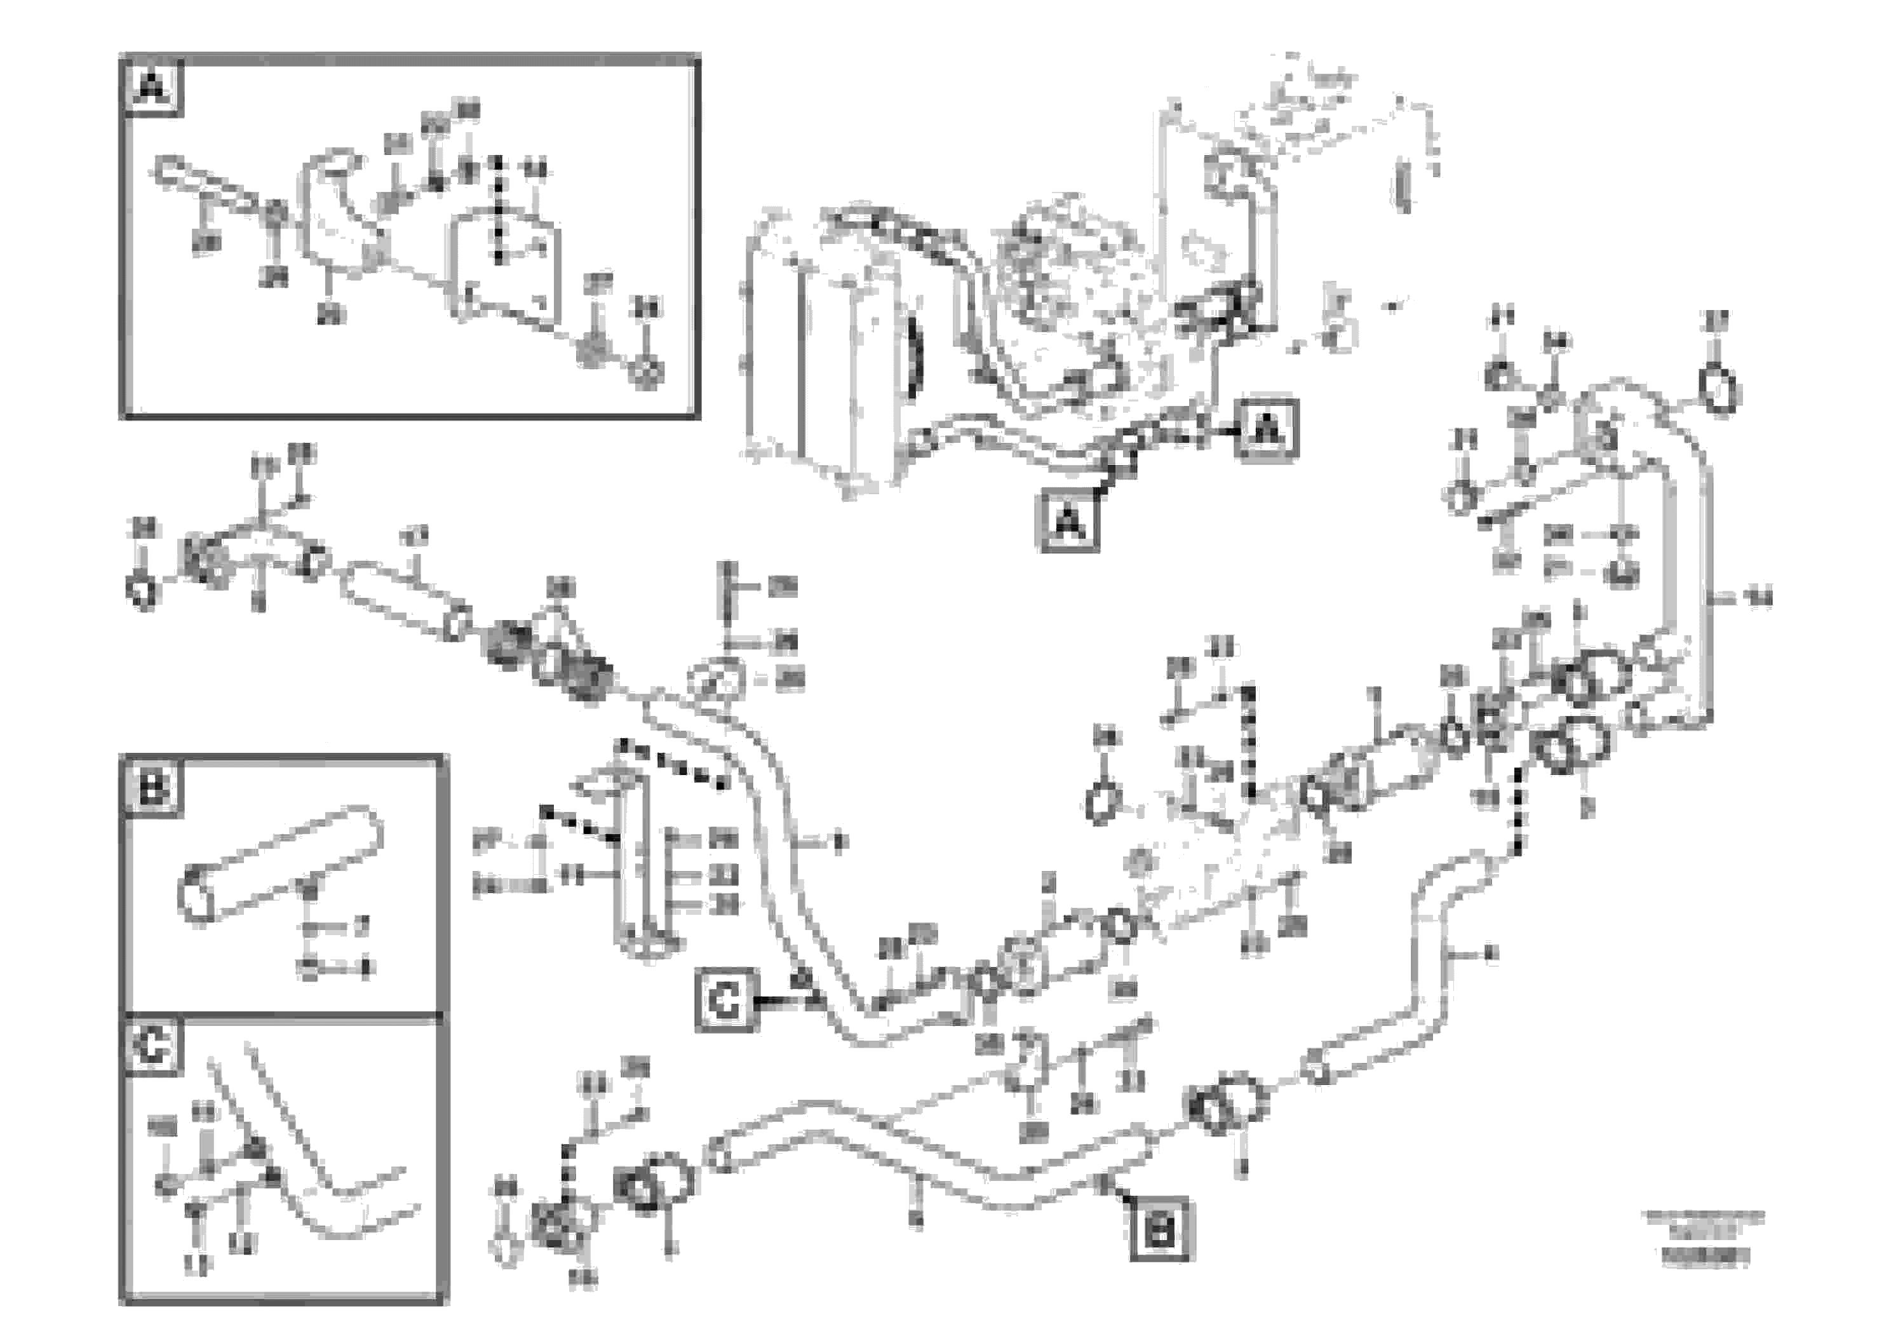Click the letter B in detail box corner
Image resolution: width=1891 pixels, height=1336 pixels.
pos(153,789)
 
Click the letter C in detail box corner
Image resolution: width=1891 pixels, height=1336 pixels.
pos(153,1048)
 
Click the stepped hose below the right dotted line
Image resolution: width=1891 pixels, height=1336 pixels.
pos(1433,972)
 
